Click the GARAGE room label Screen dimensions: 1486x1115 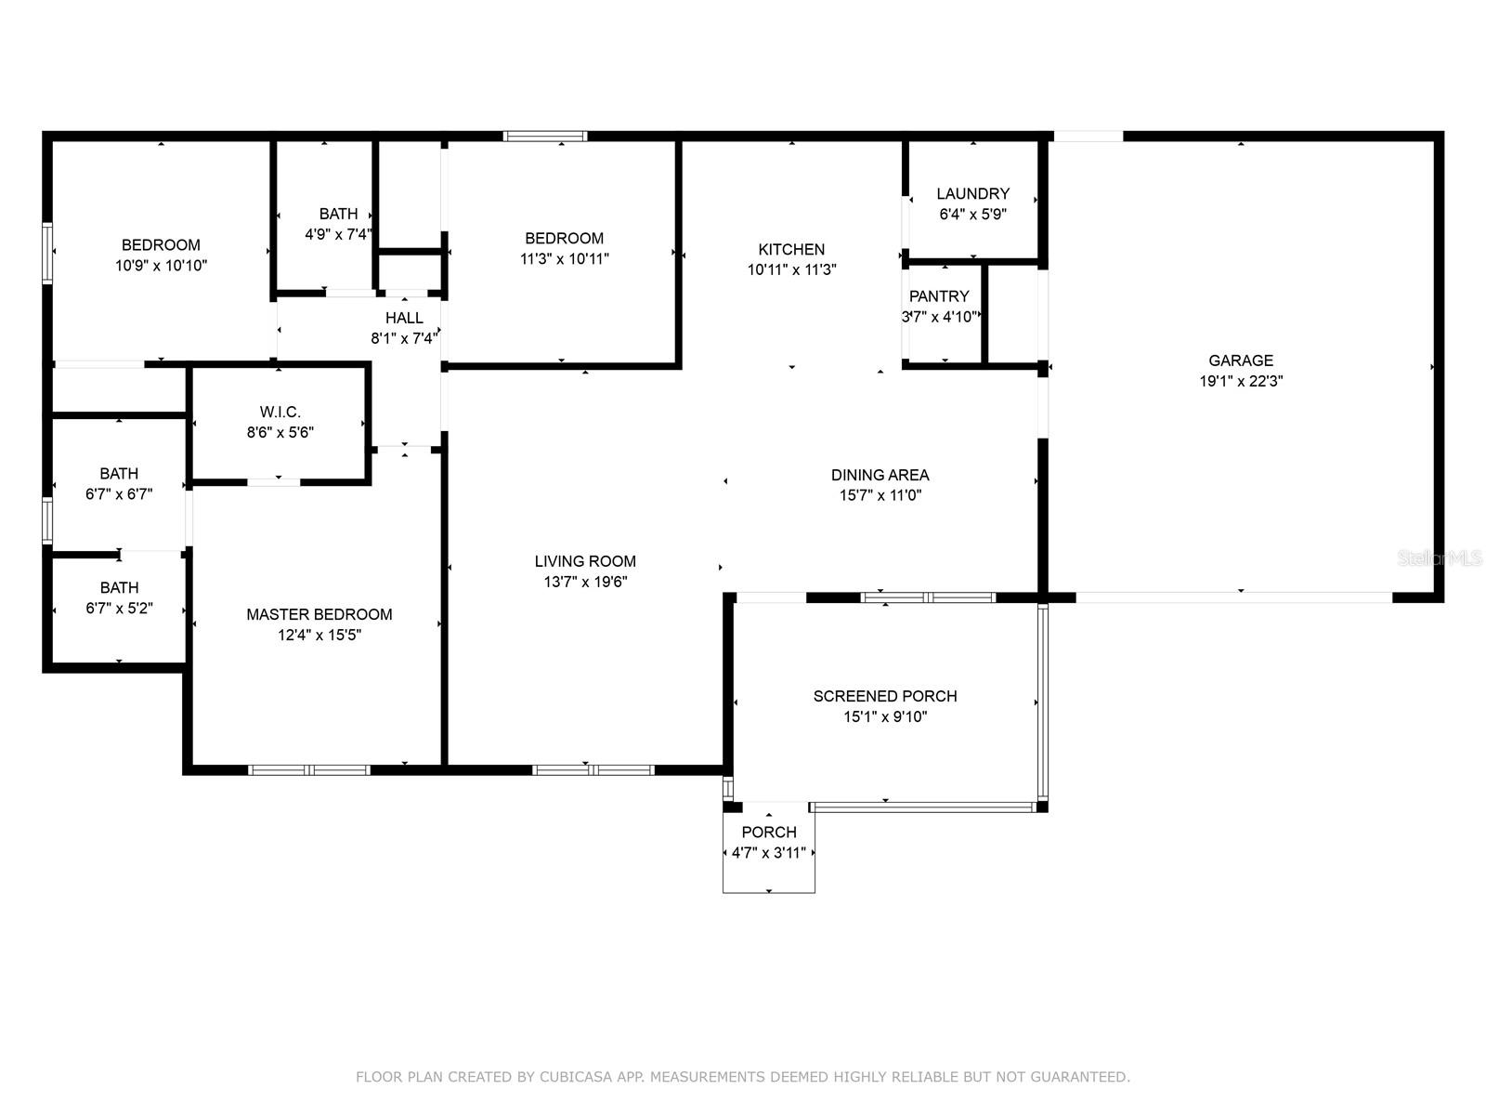point(1240,361)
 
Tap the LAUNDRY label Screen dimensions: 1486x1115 point(972,193)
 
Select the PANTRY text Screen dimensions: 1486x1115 point(939,295)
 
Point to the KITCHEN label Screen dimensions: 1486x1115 point(791,249)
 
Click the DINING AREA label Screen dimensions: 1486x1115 point(880,475)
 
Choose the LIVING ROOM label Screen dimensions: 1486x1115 point(585,561)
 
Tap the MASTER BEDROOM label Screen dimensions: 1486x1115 point(319,614)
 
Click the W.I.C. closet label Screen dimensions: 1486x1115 point(280,412)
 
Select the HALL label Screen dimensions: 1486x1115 point(404,318)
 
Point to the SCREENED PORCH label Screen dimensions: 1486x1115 point(885,696)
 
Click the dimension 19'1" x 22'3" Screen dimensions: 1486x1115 point(1241,381)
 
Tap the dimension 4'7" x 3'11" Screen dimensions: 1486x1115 point(768,853)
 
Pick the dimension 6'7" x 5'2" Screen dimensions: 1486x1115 point(119,608)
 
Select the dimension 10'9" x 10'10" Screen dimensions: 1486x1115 point(161,266)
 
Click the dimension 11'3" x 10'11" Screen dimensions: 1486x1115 point(565,258)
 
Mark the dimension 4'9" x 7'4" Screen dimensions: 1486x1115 point(338,234)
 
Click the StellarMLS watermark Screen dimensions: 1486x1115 point(1440,558)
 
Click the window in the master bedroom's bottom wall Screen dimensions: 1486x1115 point(309,770)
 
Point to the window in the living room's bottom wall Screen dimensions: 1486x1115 point(593,770)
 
